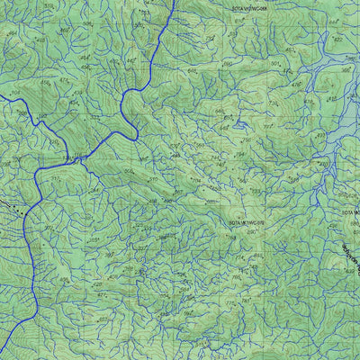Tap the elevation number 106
[x=15, y=93]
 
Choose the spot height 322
[x=95, y=116]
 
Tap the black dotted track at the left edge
[x=9, y=203]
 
